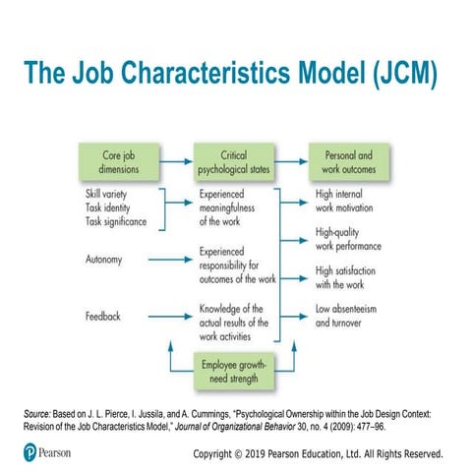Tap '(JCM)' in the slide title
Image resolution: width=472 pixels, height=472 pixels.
click(x=391, y=77)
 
